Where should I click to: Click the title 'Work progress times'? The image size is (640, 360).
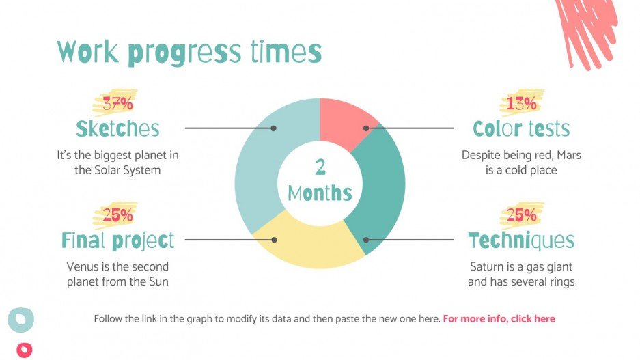tap(189, 53)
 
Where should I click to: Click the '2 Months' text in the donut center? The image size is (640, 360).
tap(320, 181)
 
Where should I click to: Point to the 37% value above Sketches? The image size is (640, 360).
tap(117, 105)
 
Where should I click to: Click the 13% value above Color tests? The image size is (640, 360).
tap(521, 104)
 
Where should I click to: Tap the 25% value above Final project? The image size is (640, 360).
tap(117, 216)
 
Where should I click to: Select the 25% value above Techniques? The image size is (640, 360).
tap(521, 216)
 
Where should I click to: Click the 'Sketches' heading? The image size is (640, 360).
tap(117, 128)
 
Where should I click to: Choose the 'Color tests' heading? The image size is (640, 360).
tap(521, 128)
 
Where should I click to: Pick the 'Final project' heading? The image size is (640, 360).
tap(117, 240)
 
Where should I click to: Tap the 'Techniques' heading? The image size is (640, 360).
tap(521, 240)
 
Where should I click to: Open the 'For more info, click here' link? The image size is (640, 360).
tap(499, 319)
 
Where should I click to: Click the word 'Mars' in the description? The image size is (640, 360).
tap(568, 155)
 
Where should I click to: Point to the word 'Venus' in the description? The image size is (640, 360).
tap(82, 266)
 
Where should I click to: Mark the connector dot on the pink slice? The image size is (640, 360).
tap(366, 128)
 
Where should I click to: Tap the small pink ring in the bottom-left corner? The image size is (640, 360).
tap(24, 350)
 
